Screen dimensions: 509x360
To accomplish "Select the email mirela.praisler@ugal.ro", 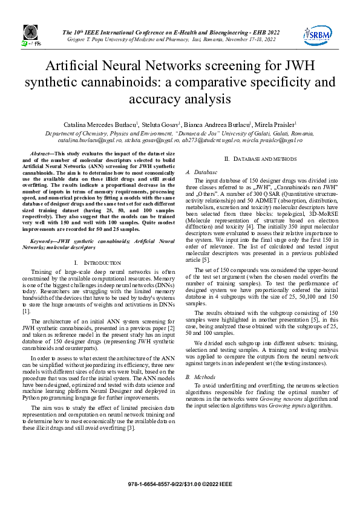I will [x=270, y=140].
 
